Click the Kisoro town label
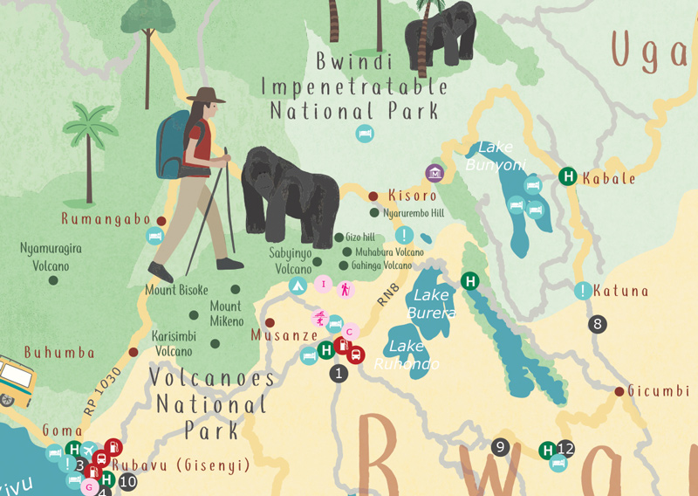412,196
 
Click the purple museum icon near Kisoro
435,173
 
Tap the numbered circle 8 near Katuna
598,324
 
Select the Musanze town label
284,335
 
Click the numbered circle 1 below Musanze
339,374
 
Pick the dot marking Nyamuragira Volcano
53,279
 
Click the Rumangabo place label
106,219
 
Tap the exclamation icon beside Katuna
582,292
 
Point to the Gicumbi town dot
619,391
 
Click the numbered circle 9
500,447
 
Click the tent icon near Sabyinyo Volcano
297,285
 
